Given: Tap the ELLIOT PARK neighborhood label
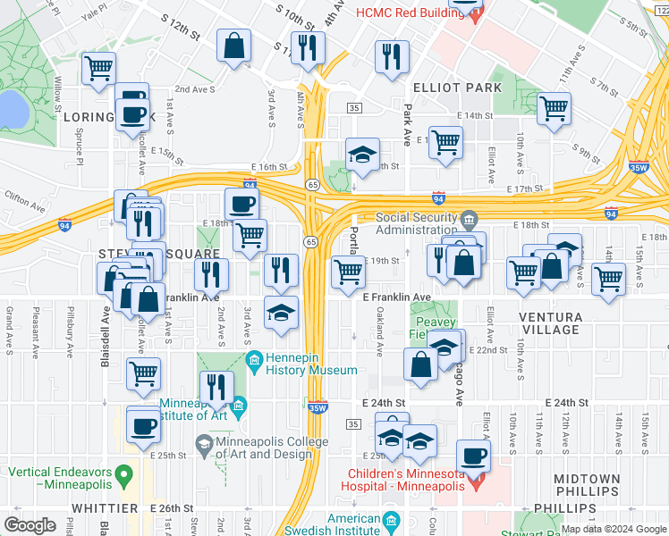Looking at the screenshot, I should (x=457, y=88).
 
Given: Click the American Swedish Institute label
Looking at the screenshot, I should (x=342, y=524).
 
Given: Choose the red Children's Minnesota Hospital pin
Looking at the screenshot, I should (x=477, y=485).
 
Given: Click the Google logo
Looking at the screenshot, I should (x=30, y=524).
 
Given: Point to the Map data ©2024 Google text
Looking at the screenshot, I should (x=614, y=529).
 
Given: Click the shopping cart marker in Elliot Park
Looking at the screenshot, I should (x=555, y=109).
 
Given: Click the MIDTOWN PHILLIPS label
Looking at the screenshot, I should (x=586, y=486).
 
